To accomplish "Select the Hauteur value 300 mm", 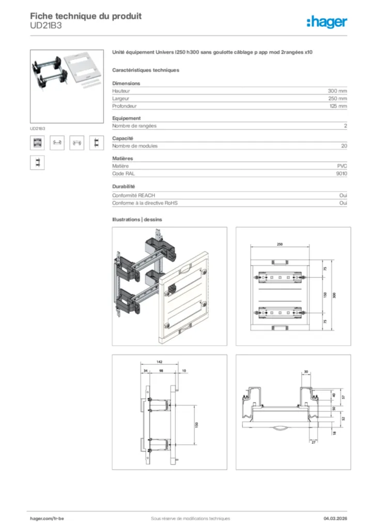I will click(337, 91).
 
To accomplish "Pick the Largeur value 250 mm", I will click(337, 98).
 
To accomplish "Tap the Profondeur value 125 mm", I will click(337, 106).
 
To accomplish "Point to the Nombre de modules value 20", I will click(344, 146).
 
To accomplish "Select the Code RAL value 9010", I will click(341, 174).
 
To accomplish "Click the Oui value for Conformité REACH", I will click(343, 196).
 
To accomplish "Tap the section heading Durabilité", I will click(124, 186).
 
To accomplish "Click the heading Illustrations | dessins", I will click(137, 220).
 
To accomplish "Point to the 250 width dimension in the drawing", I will click(279, 244).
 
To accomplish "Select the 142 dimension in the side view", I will click(160, 363).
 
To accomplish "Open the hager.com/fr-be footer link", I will click(47, 519).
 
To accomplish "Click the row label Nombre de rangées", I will click(134, 126).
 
